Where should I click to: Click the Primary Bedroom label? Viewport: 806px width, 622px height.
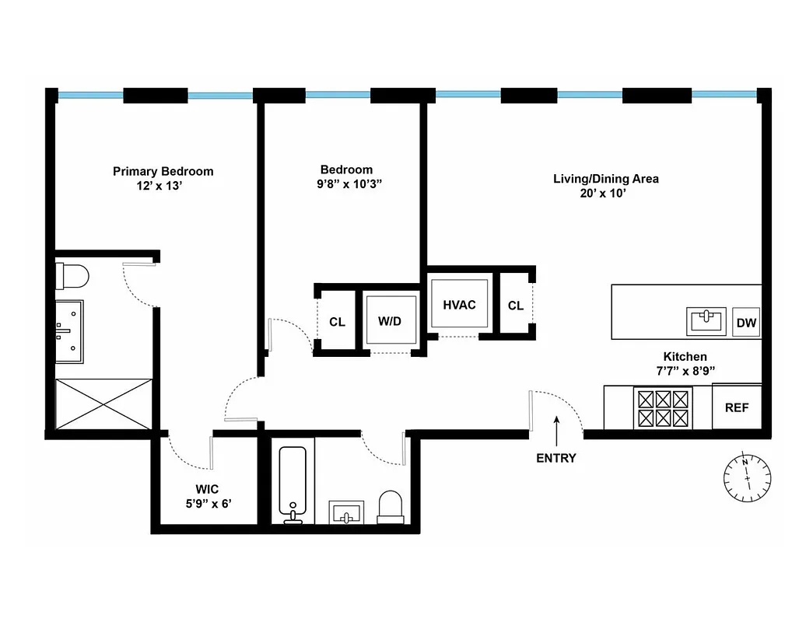(163, 171)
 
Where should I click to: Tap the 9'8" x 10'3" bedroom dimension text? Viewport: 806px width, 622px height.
(346, 184)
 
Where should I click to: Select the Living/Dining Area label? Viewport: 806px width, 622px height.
(605, 179)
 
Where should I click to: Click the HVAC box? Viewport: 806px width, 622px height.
(459, 305)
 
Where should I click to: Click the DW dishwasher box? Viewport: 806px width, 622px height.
(746, 323)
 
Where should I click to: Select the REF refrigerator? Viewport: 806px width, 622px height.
(736, 407)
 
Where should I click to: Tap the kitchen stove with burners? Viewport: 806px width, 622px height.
(664, 408)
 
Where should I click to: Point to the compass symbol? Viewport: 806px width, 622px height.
(746, 477)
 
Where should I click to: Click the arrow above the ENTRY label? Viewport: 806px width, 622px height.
(556, 428)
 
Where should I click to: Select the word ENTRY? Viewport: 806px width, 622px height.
(556, 458)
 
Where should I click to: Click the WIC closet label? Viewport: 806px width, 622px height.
(206, 489)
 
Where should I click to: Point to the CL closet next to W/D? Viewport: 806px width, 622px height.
(337, 322)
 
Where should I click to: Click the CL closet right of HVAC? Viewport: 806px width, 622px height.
(515, 306)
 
